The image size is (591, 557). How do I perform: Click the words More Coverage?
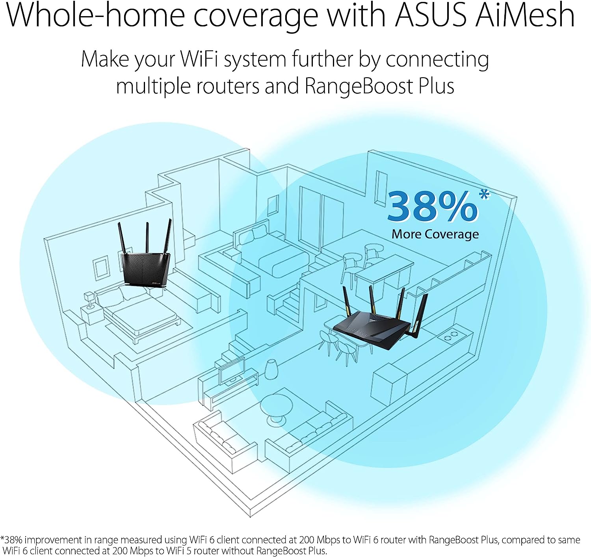coord(435,234)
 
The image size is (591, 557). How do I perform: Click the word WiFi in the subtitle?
coord(199,59)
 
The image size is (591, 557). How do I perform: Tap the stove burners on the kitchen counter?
coord(451,336)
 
